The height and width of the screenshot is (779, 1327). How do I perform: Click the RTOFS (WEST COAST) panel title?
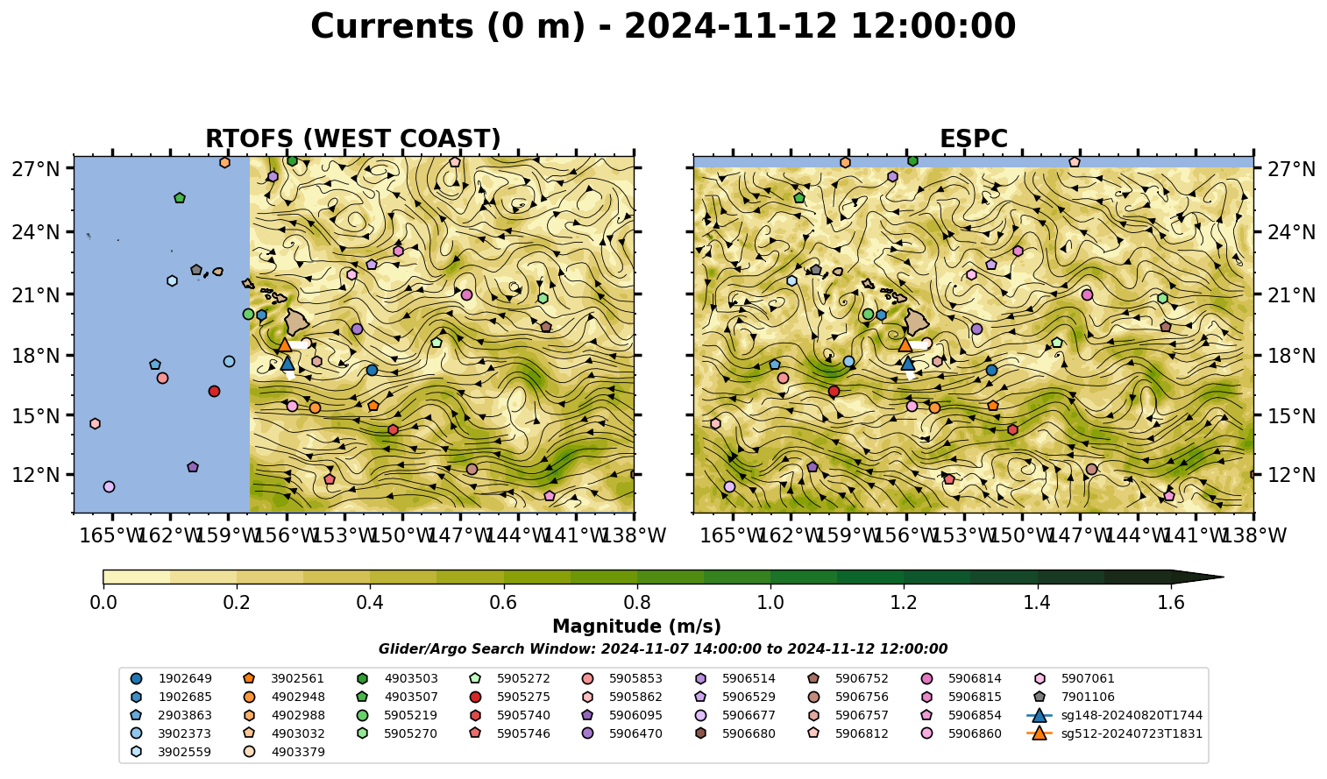pyautogui.click(x=353, y=138)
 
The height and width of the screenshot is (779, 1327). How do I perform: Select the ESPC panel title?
pyautogui.click(x=973, y=138)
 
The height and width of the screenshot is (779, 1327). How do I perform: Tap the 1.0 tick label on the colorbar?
pyautogui.click(x=770, y=603)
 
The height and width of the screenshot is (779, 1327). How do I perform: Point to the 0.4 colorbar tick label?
pyautogui.click(x=370, y=603)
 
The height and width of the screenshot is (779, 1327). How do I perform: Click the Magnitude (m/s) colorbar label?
pyautogui.click(x=637, y=627)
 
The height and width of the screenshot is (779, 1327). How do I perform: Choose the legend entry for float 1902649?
pyautogui.click(x=173, y=679)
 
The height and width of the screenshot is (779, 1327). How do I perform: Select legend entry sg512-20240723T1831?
pyautogui.click(x=1115, y=733)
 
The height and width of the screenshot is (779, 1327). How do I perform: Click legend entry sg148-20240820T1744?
pyautogui.click(x=1115, y=715)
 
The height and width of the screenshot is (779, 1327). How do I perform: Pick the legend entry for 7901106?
pyautogui.click(x=1075, y=698)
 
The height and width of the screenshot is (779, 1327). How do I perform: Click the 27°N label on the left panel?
pyautogui.click(x=36, y=169)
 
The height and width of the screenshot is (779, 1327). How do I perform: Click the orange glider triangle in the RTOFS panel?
pyautogui.click(x=284, y=344)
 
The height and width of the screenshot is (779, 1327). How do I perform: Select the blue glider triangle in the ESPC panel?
pyautogui.click(x=907, y=363)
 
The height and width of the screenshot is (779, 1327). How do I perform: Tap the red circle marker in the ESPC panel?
pyautogui.click(x=834, y=391)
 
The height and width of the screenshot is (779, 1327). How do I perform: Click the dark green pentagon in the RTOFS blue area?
pyautogui.click(x=180, y=198)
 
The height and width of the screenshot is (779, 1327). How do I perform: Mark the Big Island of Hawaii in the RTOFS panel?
pyautogui.click(x=297, y=322)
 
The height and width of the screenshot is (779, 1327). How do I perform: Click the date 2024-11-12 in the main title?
pyautogui.click(x=731, y=26)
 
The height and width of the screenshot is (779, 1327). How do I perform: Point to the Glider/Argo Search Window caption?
pyautogui.click(x=663, y=649)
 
